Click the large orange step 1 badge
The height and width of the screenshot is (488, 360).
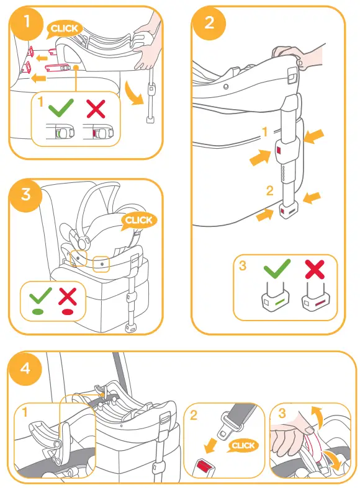(x=26, y=23)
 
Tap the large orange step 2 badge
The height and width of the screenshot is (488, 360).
(x=208, y=23)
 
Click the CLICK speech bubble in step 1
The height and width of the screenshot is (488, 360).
(x=64, y=28)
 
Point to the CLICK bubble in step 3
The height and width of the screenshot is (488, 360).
(x=138, y=220)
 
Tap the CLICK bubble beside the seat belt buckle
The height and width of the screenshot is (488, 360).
(x=243, y=445)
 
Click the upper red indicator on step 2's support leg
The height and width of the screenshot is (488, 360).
(x=281, y=151)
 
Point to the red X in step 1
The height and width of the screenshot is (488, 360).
(x=96, y=110)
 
